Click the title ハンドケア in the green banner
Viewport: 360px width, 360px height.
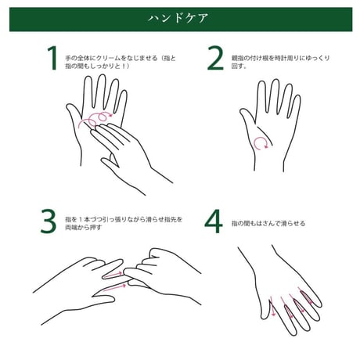pyautogui.click(x=178, y=18)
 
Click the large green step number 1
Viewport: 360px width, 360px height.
pyautogui.click(x=53, y=58)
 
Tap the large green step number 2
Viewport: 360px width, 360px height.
pyautogui.click(x=215, y=58)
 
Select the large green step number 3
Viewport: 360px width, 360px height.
pyautogui.click(x=49, y=221)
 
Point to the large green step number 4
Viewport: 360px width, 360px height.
pyautogui.click(x=214, y=221)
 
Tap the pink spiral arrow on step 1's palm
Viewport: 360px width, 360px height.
pyautogui.click(x=96, y=118)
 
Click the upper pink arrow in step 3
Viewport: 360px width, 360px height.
pyautogui.click(x=113, y=274)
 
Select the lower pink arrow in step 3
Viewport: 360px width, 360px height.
pyautogui.click(x=115, y=287)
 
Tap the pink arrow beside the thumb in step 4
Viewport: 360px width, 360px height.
pyautogui.click(x=272, y=307)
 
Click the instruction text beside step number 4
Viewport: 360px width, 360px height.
pyautogui.click(x=268, y=223)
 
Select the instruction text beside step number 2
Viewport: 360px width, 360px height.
pyautogui.click(x=280, y=62)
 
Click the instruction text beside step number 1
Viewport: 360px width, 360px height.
pyautogui.click(x=121, y=62)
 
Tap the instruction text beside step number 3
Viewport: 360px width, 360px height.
pyautogui.click(x=124, y=223)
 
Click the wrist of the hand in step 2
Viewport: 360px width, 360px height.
pyautogui.click(x=269, y=162)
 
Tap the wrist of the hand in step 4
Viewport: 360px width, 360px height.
pyautogui.click(x=257, y=258)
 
